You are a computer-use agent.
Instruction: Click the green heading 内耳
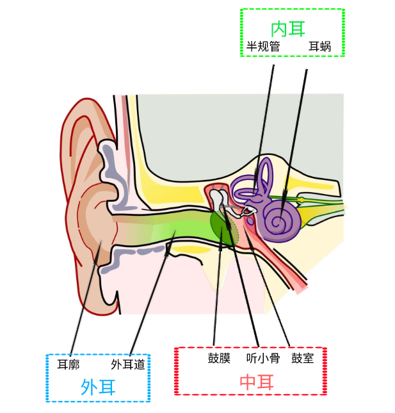tap(287, 28)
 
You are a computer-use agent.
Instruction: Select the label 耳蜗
tap(319, 47)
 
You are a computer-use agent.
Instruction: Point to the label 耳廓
tap(68, 364)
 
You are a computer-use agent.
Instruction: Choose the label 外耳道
tap(131, 364)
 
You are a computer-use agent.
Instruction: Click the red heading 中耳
tap(256, 382)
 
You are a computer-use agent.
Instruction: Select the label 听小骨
tap(263, 359)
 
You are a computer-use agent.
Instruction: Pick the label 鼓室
tap(302, 359)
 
